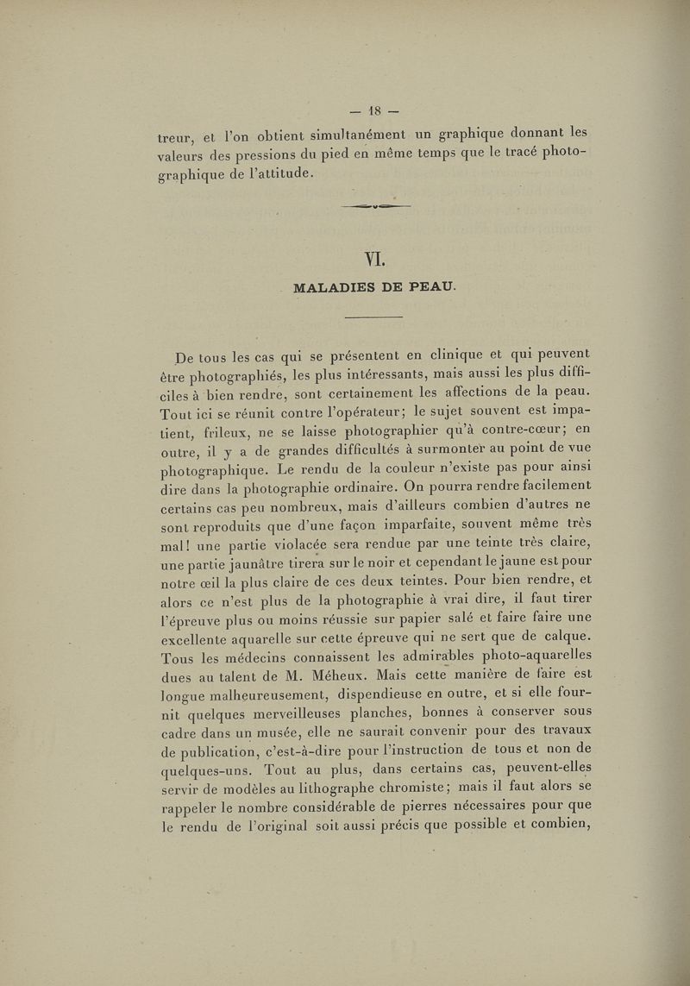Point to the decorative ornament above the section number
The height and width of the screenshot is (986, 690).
pyautogui.click(x=374, y=207)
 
